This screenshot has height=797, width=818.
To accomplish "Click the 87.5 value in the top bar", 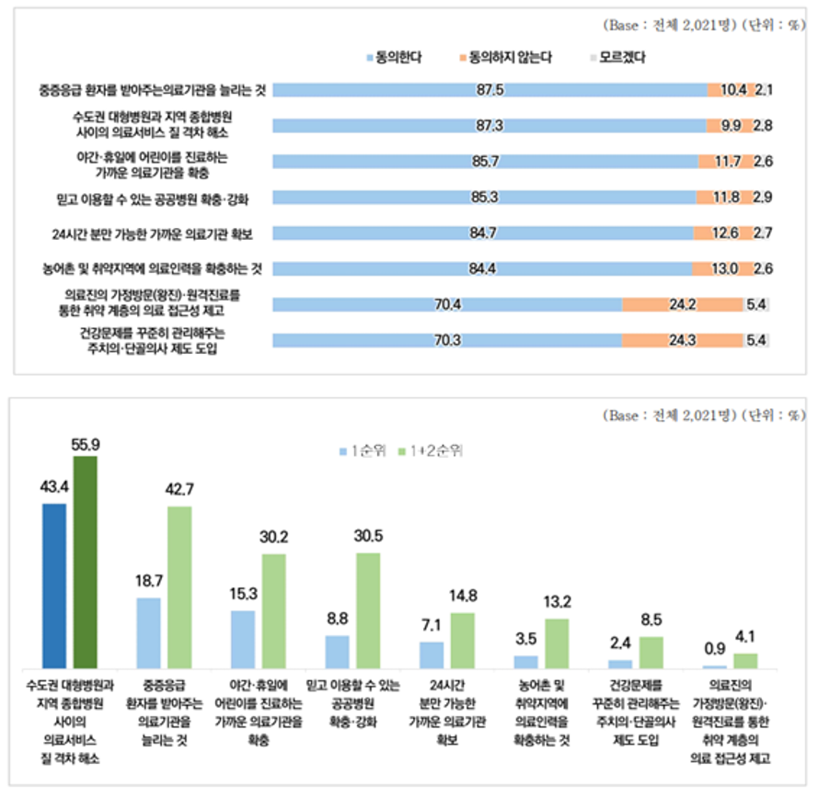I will tap(490, 90).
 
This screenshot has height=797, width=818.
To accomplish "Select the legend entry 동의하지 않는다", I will tap(510, 58).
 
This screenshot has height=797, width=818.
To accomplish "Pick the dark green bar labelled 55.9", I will tap(86, 562).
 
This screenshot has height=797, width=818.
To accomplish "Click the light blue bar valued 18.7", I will tap(149, 632).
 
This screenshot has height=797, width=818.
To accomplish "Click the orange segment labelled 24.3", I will tap(683, 340).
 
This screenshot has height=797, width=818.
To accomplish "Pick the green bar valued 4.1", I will tap(745, 660).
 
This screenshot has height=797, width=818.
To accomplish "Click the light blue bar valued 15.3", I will tap(243, 639).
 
